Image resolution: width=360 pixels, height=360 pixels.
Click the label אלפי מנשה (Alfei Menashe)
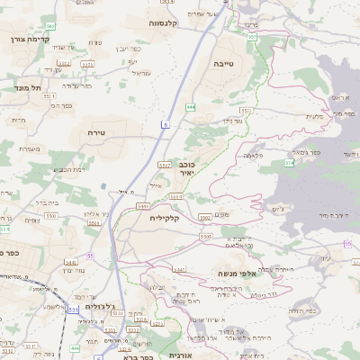click(238, 272)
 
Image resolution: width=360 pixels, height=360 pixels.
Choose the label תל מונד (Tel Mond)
click(30, 88)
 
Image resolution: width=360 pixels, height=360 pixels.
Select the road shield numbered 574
click(289, 163)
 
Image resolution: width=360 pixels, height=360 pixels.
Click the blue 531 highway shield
click(72, 309)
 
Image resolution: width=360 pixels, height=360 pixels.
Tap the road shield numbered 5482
click(70, 263)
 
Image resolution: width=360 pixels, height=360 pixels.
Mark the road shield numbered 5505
click(206, 235)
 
